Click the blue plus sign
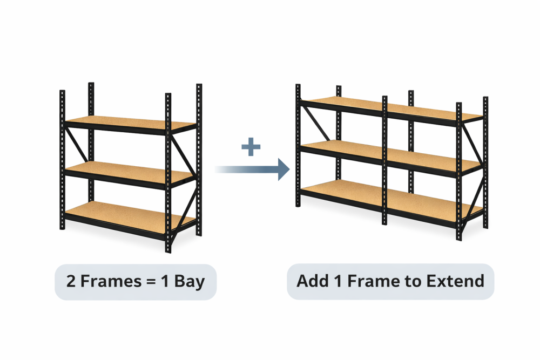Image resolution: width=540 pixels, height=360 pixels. [251, 147]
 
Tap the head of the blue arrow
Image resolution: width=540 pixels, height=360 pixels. [284, 169]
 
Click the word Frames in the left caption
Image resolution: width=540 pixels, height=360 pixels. [111, 281]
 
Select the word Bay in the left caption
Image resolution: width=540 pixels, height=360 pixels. [190, 282]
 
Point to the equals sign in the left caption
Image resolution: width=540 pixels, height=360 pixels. [151, 282]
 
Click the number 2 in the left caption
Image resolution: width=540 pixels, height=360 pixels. [71, 281]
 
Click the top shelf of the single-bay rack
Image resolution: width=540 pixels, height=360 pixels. [131, 125]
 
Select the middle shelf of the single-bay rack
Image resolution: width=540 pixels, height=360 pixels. [130, 174]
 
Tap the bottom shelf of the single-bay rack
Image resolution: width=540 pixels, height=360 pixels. [130, 219]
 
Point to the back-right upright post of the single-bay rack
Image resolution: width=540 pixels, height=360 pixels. [199, 160]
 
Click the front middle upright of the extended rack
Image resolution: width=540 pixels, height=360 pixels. [384, 160]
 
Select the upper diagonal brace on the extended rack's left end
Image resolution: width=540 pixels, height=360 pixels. [315, 123]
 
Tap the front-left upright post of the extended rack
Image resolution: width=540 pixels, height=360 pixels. [298, 145]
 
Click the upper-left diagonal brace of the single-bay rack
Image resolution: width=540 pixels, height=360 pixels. [77, 145]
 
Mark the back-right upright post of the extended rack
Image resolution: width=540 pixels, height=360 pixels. [485, 162]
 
